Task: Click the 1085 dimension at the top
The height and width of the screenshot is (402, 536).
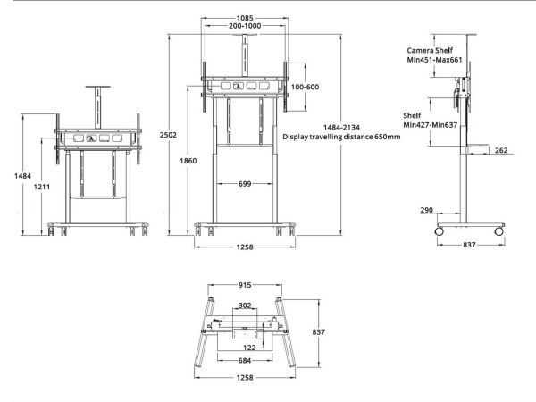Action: pyautogui.click(x=245, y=18)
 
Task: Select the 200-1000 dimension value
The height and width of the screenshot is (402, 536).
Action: pyautogui.click(x=245, y=26)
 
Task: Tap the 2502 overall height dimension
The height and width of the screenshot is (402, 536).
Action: pyautogui.click(x=168, y=135)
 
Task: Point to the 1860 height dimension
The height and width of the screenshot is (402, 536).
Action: pyautogui.click(x=188, y=161)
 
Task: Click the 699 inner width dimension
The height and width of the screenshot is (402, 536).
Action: pyautogui.click(x=245, y=184)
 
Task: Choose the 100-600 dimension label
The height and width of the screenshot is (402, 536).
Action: pyautogui.click(x=305, y=87)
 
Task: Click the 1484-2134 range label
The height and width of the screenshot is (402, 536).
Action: pyautogui.click(x=341, y=128)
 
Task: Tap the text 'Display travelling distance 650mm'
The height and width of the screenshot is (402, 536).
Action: pyautogui.click(x=341, y=137)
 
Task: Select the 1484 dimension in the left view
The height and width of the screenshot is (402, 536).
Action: pyautogui.click(x=22, y=176)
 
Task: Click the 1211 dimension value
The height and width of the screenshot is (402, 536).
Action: pyautogui.click(x=42, y=187)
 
